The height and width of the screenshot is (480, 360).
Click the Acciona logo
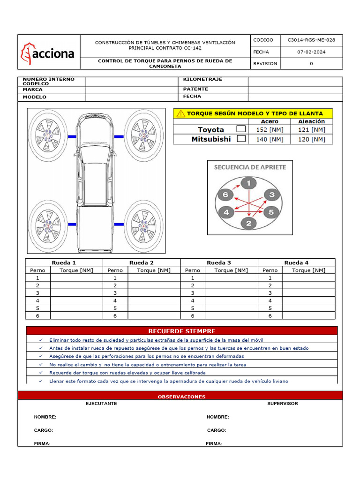(x=47, y=53)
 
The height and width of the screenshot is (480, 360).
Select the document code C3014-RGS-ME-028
(x=311, y=40)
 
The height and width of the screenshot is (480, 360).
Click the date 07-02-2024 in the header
(x=311, y=52)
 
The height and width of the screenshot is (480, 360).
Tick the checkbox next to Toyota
(x=241, y=129)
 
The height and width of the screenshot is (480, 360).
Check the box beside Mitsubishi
(x=241, y=139)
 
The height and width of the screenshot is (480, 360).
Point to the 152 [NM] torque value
(x=270, y=129)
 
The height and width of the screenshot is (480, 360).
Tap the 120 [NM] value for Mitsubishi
(x=311, y=139)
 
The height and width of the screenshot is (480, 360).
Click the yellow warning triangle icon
(x=180, y=113)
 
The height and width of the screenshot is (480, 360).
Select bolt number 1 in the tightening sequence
(x=248, y=183)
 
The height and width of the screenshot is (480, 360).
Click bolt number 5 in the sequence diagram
(x=270, y=212)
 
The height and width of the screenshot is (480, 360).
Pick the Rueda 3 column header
(x=219, y=262)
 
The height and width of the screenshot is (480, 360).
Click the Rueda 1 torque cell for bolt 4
(x=76, y=300)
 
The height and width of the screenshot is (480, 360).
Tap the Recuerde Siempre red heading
(x=181, y=331)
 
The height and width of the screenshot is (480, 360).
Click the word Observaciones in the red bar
(x=181, y=397)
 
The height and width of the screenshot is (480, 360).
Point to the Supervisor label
(x=282, y=404)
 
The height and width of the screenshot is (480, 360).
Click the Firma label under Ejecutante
(x=42, y=443)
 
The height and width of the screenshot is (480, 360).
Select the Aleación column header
(x=311, y=121)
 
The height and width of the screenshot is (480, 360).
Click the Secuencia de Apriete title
(x=250, y=167)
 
